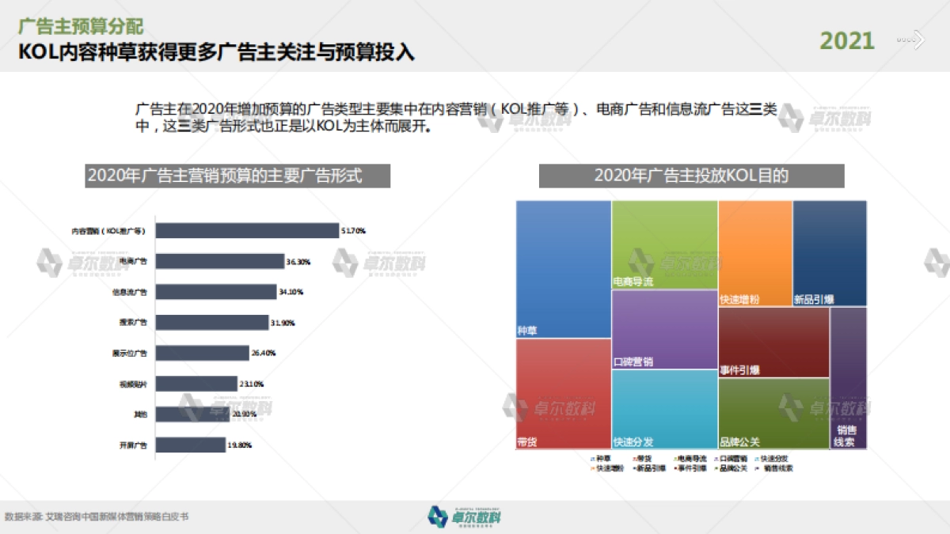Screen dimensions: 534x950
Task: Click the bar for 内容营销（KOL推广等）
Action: point(246,231)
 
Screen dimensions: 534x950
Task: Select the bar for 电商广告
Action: point(219,261)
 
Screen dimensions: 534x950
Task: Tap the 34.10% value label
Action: point(291,292)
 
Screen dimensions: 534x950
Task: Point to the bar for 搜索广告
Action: point(211,322)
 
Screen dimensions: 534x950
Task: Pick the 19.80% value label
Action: point(240,445)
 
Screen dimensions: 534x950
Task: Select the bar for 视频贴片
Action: point(196,384)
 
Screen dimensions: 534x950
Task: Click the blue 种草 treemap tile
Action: point(563,269)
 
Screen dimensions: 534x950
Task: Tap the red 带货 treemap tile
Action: point(563,394)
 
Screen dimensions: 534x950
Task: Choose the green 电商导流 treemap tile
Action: point(665,244)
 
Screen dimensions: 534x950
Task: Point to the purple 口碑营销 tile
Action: point(665,329)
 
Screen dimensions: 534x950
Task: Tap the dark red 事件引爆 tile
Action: point(773,342)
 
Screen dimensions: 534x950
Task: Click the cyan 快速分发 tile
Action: point(665,409)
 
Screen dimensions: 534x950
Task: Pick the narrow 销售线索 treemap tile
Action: point(848,378)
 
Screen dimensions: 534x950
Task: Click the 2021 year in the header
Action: point(846,40)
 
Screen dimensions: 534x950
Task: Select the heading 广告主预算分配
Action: point(82,27)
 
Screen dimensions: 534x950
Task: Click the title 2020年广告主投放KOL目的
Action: point(691,176)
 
